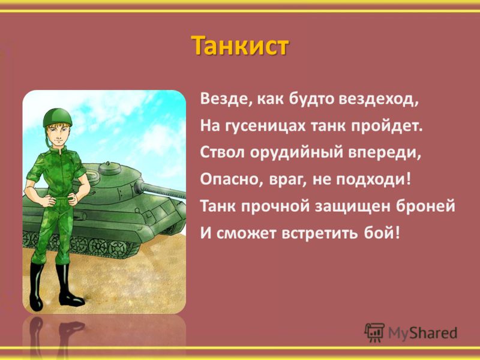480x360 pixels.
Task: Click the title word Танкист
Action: click(239, 46)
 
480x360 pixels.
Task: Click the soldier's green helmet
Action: click(57, 117)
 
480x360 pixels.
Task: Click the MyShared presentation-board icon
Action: click(374, 332)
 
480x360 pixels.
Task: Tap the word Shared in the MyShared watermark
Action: click(433, 333)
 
